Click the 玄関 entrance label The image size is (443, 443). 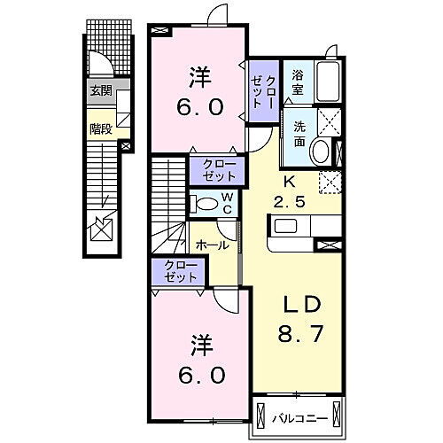pos(100,89)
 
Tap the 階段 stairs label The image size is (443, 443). pos(99,128)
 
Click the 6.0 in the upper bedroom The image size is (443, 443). pos(200,105)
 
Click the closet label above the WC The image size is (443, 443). pos(214,167)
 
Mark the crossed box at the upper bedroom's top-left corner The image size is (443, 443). pos(159,31)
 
